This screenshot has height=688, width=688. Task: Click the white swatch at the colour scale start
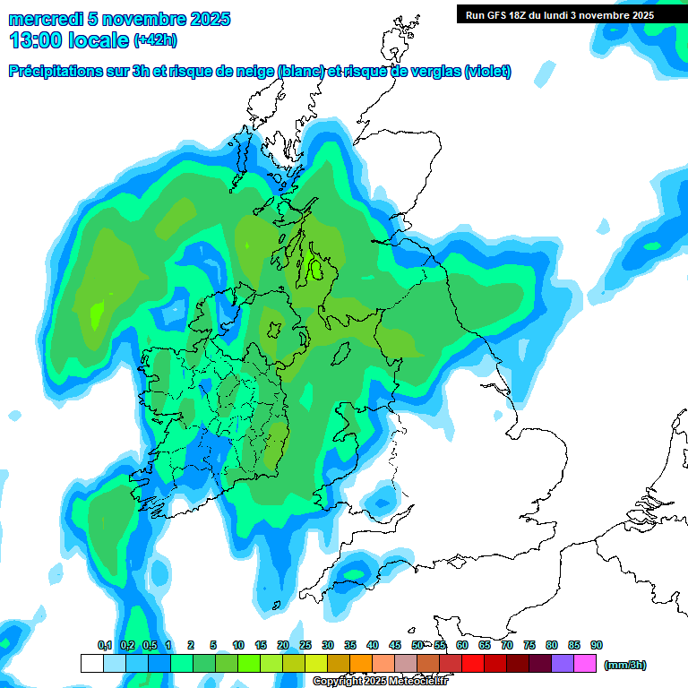click(91, 664)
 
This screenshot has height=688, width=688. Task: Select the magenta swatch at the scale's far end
click(585, 664)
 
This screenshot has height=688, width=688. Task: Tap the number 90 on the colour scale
click(597, 646)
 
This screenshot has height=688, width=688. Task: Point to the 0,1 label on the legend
click(104, 646)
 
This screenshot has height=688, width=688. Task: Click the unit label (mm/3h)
click(625, 665)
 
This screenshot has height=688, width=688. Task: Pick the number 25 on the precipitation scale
click(305, 646)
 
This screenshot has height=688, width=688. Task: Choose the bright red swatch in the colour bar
click(473, 664)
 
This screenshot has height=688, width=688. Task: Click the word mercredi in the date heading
click(46, 19)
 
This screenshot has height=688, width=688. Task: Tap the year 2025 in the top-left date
click(207, 19)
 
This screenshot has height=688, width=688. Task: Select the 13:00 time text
click(39, 40)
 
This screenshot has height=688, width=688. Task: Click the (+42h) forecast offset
click(157, 40)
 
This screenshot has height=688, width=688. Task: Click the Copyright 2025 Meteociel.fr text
click(380, 682)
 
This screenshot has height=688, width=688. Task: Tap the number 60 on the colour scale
click(462, 646)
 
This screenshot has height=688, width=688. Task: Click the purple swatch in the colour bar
click(563, 664)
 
